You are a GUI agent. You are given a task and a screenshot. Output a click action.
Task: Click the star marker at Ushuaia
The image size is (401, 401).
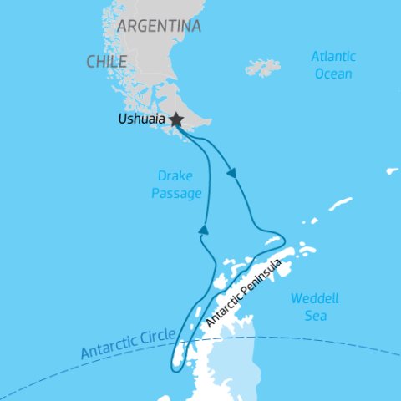click(x=176, y=120)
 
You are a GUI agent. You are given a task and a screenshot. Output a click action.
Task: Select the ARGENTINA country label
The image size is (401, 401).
click(x=159, y=26)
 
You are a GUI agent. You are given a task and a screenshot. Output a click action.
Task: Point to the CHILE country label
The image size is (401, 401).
click(x=106, y=61)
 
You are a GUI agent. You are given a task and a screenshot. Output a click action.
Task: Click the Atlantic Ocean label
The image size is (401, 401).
click(x=332, y=65)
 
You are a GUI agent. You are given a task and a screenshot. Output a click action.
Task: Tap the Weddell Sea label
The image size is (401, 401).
click(x=308, y=307)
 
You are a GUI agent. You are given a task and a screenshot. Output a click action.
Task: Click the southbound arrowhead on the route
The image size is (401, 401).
click(x=231, y=173)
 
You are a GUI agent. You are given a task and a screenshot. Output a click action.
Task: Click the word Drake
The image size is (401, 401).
click(x=175, y=175)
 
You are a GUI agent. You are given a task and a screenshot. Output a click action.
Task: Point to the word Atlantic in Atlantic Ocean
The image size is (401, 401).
click(x=333, y=57)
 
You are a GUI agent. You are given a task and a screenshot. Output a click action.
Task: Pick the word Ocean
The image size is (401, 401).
click(x=332, y=74)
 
